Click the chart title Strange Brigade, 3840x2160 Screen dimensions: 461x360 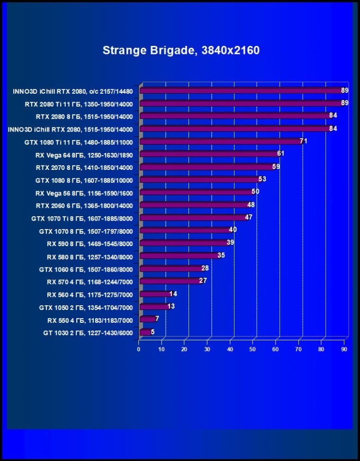coord(181,50)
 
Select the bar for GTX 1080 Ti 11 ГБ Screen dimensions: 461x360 coord(220,142)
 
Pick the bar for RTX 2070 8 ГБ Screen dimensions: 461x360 coord(207,167)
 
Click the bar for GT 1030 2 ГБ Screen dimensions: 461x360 coord(145,333)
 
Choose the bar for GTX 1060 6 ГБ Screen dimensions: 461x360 coord(171,269)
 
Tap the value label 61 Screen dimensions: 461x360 coord(281,154)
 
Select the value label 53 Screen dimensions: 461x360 coord(262,179)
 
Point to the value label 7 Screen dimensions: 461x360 coord(157,319)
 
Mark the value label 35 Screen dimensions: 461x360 coord(221,256)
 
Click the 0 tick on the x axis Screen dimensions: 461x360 coord(139,349)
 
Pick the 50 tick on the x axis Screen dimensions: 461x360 coord(253,349)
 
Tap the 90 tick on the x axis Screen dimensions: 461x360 coord(344,349)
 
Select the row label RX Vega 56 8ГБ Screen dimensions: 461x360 coord(84,193)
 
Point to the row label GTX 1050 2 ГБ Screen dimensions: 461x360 coord(86,308)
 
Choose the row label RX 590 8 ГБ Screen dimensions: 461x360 coord(90,244)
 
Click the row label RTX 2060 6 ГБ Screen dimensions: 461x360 coord(84,206)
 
